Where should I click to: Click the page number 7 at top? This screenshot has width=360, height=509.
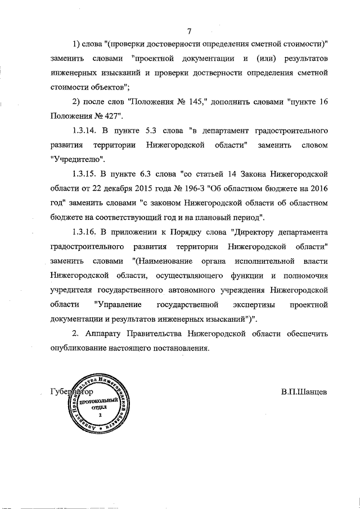[190, 30]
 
